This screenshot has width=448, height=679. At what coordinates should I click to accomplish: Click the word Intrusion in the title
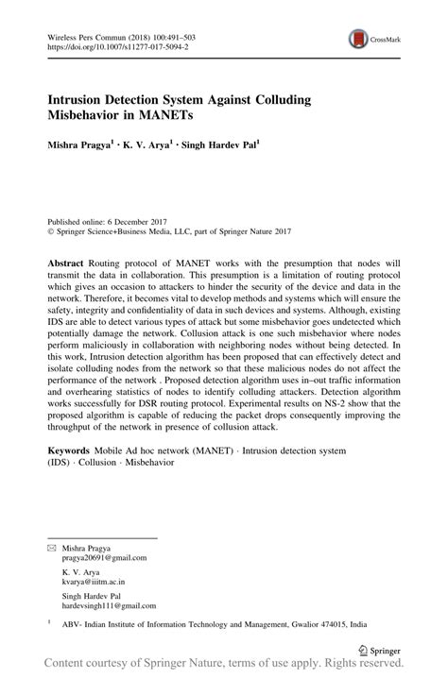[x=81, y=98]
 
